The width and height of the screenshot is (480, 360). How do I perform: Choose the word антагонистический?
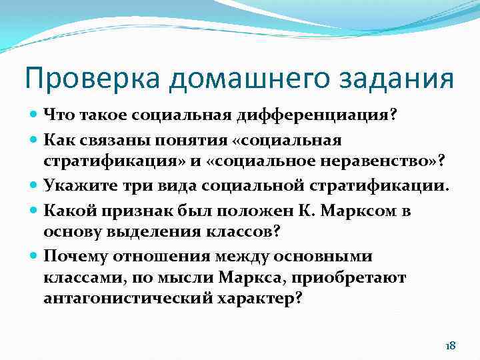coord(127,298)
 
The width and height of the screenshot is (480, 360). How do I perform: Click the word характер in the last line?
coord(260,298)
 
